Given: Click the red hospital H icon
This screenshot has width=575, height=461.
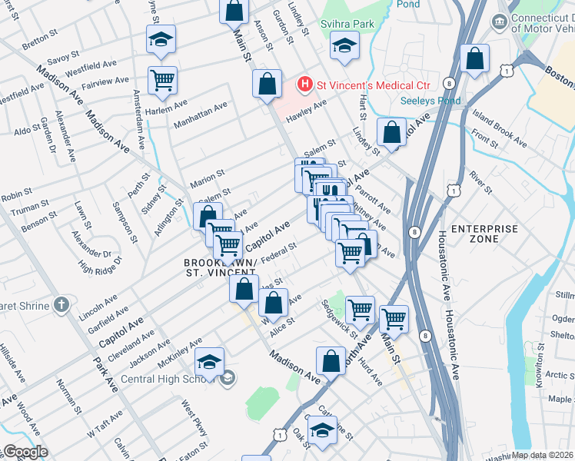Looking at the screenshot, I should point(306,83).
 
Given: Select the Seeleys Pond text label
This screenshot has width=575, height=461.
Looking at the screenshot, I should point(430,101).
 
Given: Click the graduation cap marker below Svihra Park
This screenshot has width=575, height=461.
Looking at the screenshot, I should point(344,46).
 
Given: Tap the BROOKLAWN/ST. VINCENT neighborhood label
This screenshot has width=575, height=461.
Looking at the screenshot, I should point(220,267).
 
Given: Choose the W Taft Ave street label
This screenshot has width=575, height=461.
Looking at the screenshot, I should point(105,423).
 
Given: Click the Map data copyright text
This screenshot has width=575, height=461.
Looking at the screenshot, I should point(542,455).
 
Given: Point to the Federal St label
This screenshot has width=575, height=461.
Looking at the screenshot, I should point(278,254).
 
